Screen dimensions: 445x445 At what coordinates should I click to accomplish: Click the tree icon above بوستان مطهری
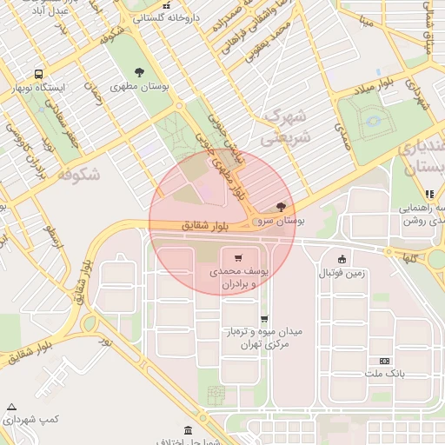[139, 72]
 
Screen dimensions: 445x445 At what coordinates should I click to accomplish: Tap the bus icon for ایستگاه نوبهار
[38, 74]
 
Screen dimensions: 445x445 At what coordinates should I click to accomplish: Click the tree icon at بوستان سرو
[280, 208]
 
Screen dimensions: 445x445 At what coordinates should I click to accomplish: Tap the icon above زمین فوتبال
[342, 258]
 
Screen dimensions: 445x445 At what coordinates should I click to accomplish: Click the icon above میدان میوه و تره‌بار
[263, 319]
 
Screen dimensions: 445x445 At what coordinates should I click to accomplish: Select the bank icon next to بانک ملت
[384, 360]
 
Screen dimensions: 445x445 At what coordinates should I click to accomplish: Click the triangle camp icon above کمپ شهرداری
[11, 407]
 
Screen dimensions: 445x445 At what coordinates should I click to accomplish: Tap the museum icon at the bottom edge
[189, 431]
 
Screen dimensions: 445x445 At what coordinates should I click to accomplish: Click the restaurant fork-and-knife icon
[428, 194]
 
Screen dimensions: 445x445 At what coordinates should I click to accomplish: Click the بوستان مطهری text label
[139, 87]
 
